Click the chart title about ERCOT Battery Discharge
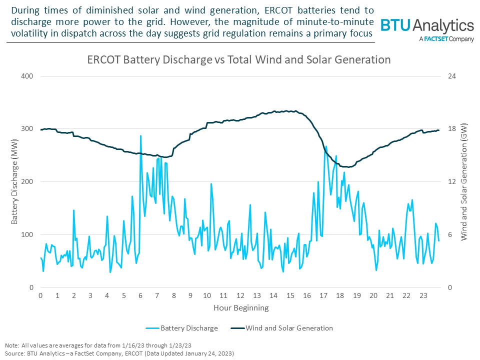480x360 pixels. pos(238,59)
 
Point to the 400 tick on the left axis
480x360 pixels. pos(27,76)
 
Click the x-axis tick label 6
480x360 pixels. pos(140,296)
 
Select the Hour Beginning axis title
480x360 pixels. pos(241,307)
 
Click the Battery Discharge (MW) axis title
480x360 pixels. pos(14,182)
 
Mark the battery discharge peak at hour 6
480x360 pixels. pos(140,135)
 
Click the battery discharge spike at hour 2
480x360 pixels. pos(74,210)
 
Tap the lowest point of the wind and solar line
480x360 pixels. pos(348,167)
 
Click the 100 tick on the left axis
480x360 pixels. pos(27,234)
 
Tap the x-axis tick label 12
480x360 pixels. pos(240,296)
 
